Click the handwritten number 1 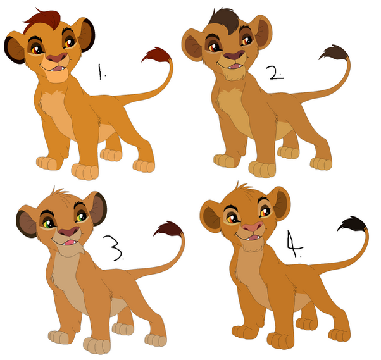[101, 71]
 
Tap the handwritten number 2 [275, 73]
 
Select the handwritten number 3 [113, 248]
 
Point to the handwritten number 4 [294, 244]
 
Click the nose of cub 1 [56, 58]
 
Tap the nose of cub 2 [234, 56]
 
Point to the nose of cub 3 [69, 232]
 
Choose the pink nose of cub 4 [253, 227]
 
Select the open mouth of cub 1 [58, 69]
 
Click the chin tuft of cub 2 [234, 75]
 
